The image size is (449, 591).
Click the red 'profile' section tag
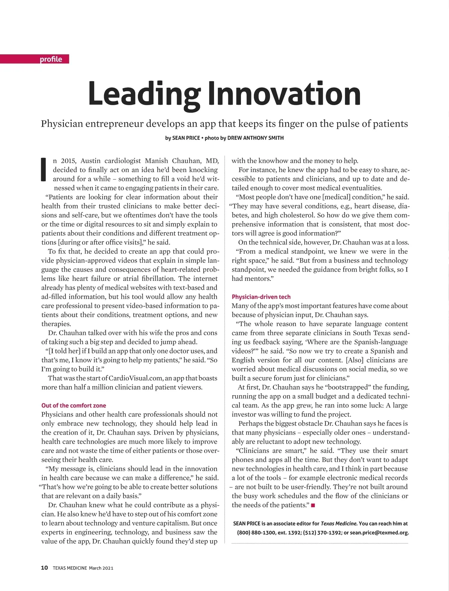[51, 59]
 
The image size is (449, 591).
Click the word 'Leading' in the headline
[144, 94]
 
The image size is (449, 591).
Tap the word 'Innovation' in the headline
[284, 94]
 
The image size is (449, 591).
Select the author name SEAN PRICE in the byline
[186, 138]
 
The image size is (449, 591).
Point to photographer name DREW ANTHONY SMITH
[256, 138]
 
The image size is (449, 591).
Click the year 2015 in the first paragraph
[68, 161]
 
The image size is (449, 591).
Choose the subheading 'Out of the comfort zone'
[74, 405]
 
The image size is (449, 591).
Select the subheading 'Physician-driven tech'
[261, 297]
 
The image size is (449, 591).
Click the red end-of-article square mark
[313, 506]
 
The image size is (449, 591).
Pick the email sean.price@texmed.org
[379, 533]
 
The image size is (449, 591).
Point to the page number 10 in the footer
[45, 568]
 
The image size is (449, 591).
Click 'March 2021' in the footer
[101, 568]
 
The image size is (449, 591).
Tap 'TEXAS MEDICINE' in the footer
[70, 568]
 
